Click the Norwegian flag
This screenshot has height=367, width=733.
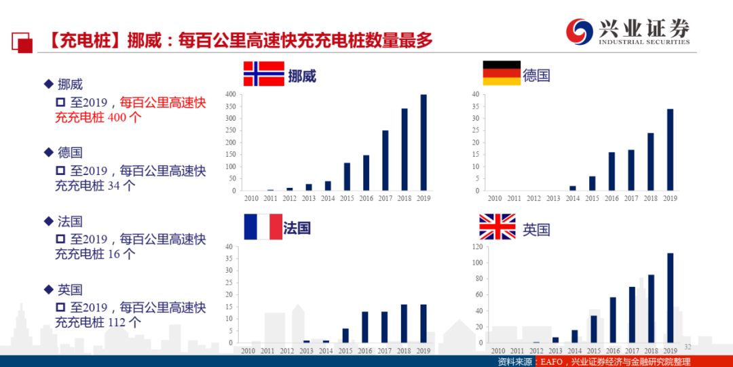[x=263, y=73]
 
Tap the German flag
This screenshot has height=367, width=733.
[x=501, y=73]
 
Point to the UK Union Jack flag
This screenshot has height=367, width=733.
[x=497, y=227]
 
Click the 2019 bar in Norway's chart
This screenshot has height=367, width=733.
[x=424, y=142]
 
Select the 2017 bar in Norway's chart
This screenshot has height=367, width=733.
[x=385, y=160]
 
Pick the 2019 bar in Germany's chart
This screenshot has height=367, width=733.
[x=670, y=149]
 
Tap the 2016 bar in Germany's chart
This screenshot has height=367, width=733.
[x=612, y=171]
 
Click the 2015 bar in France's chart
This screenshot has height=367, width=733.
[x=345, y=335]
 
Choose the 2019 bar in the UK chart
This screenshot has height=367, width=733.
[x=670, y=298]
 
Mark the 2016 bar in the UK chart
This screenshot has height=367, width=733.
[x=612, y=320]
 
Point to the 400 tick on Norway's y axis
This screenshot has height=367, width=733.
[x=230, y=94]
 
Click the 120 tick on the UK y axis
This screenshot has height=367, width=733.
[x=476, y=247]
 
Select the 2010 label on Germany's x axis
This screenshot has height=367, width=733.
[x=495, y=198]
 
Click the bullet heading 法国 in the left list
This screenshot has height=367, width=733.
[x=69, y=221]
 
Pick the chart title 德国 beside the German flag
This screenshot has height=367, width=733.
[x=536, y=75]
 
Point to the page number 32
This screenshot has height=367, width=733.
[x=687, y=347]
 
